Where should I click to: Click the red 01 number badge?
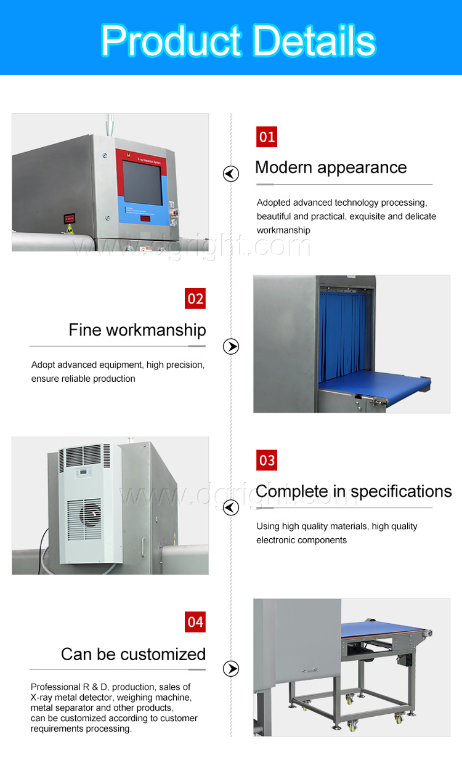[267, 137]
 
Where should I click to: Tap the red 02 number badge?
[195, 299]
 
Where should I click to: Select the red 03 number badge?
[267, 460]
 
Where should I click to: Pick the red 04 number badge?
[195, 622]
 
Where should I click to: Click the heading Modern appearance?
[331, 168]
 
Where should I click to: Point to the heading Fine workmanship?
[137, 330]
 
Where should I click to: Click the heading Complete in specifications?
[354, 491]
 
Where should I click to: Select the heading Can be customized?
[133, 654]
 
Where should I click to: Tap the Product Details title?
[238, 40]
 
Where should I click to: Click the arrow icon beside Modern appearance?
[231, 174]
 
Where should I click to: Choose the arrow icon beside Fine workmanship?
[231, 347]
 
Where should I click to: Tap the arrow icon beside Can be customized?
[231, 669]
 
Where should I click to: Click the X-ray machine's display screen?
[142, 183]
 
